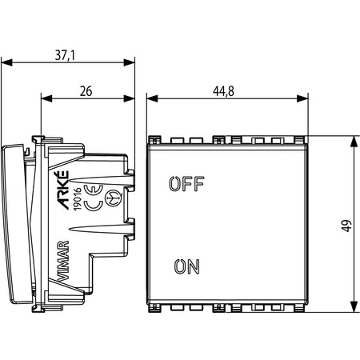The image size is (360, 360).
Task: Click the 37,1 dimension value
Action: [66, 55]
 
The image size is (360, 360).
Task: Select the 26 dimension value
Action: [86, 91]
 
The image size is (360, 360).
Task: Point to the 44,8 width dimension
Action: [223, 91]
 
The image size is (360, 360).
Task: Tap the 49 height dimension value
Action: [347, 226]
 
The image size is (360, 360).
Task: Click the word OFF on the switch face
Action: [186, 184]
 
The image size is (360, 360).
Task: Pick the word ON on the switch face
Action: [187, 266]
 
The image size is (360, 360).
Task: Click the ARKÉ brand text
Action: [63, 190]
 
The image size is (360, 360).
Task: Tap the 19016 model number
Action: [78, 198]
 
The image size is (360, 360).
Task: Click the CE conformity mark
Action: [94, 198]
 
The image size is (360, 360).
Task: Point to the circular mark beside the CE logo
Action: [114, 198]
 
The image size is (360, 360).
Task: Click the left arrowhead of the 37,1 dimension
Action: [7, 62]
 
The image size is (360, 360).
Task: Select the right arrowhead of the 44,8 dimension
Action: [302, 98]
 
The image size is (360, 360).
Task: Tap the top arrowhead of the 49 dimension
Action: [354, 142]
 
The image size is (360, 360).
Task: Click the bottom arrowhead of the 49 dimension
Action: [354, 306]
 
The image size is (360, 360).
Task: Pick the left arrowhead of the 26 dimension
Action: [46, 98]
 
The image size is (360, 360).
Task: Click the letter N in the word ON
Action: [194, 266]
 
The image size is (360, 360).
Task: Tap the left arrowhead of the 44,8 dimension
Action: [152, 98]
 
